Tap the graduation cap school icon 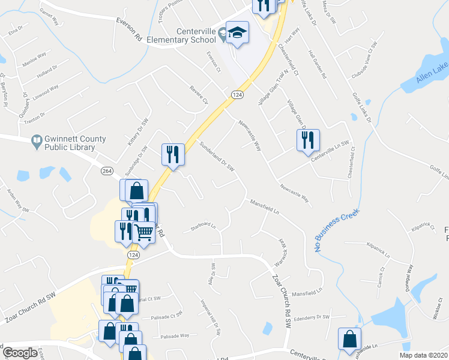click(x=237, y=35)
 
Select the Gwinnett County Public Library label click(x=70, y=143)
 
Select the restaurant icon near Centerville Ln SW click(x=307, y=141)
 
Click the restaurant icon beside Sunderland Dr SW click(x=172, y=155)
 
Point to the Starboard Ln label click(x=203, y=227)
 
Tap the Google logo click(x=20, y=353)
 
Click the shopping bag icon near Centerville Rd click(x=349, y=339)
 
